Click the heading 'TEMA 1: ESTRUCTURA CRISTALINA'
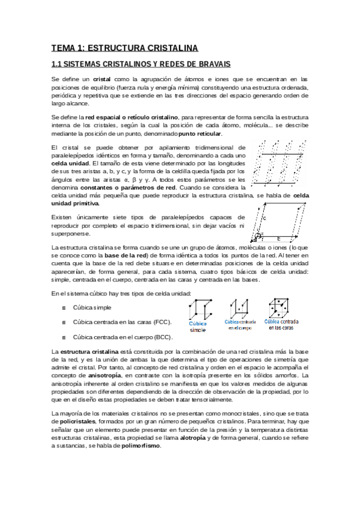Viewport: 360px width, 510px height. tap(124, 48)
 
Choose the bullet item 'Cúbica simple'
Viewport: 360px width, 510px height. tap(92, 307)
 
